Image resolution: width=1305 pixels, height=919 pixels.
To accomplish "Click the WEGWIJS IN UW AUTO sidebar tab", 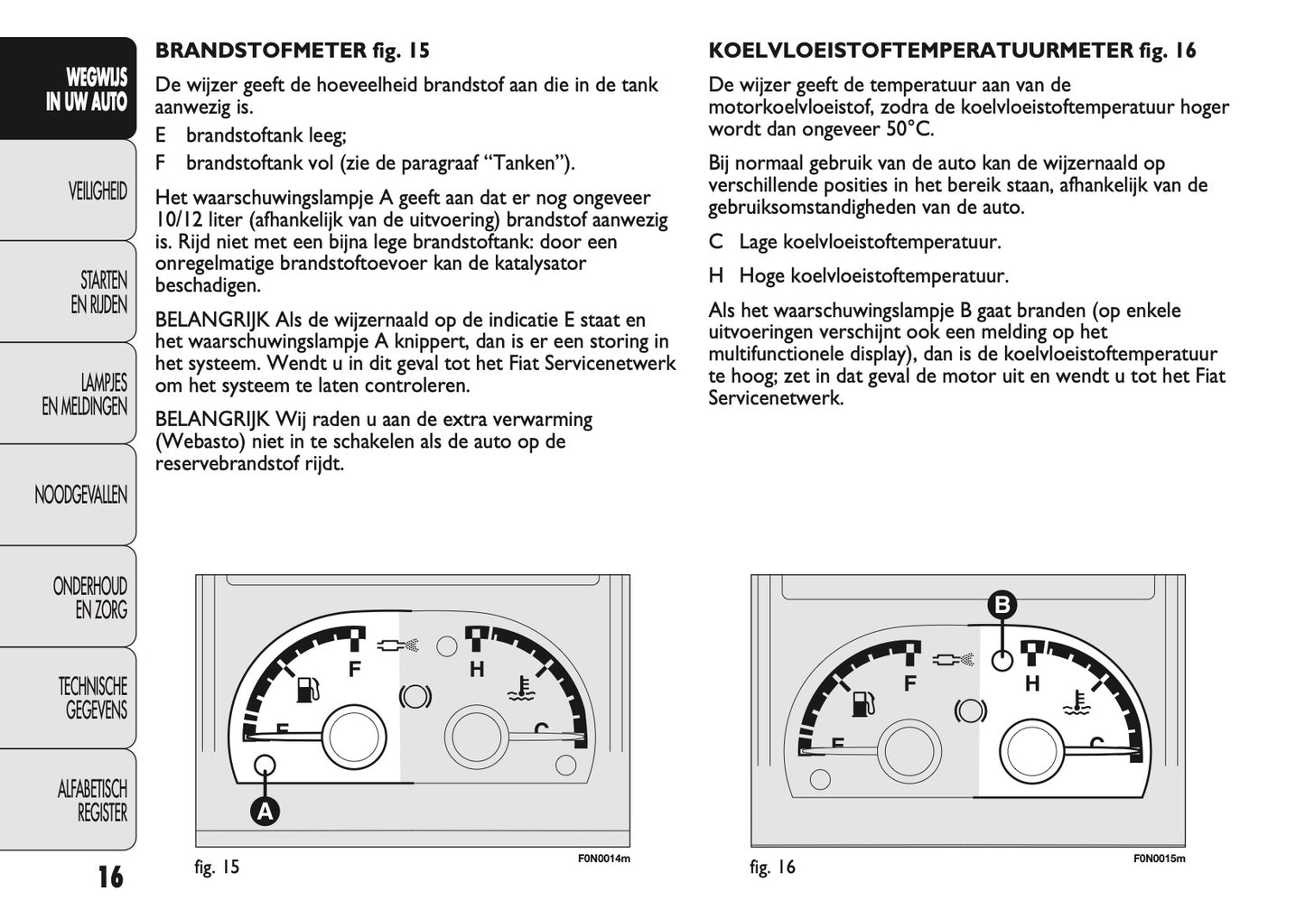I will click(x=86, y=89).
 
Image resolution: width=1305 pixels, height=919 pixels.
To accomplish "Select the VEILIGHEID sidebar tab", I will click(x=97, y=190).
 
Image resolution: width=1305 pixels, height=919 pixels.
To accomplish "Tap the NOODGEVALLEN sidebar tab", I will click(x=80, y=495).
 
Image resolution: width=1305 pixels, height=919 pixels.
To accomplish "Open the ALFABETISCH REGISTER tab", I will click(x=92, y=801).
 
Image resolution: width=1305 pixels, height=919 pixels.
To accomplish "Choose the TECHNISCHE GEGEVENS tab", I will click(x=92, y=698).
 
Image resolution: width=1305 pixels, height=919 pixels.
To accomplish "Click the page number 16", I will click(x=110, y=877).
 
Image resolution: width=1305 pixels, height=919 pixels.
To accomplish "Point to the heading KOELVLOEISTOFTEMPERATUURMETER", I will click(x=920, y=51).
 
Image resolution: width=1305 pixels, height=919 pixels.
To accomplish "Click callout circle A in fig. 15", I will click(x=265, y=811).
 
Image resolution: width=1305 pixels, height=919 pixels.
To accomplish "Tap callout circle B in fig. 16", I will click(x=1002, y=605).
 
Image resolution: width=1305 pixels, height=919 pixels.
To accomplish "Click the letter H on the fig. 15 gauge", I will click(x=477, y=670).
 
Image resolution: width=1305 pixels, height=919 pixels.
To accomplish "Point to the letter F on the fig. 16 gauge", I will click(x=910, y=683).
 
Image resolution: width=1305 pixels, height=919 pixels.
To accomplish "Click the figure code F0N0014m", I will click(x=603, y=858).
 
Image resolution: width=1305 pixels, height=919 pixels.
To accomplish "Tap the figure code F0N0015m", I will click(x=1159, y=858).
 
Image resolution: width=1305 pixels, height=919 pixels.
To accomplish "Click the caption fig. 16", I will click(x=772, y=868).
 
